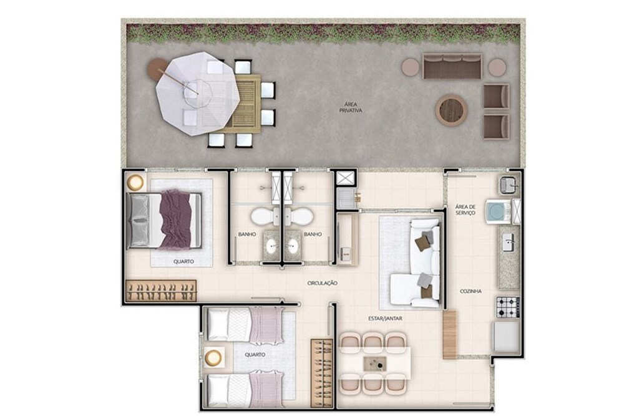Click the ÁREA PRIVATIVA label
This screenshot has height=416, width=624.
[351, 107]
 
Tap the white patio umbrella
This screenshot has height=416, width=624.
[198, 94]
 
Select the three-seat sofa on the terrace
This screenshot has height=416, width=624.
[452, 66]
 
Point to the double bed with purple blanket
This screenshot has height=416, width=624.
[164, 220]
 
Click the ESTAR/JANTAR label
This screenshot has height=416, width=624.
[385, 319]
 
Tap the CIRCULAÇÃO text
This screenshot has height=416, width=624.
[323, 283]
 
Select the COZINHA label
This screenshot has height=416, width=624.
[470, 291]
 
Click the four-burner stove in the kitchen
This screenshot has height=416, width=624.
[508, 307]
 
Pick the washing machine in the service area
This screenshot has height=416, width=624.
[498, 211]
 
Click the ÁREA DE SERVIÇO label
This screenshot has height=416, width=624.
[466, 210]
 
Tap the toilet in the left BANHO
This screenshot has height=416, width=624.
[265, 217]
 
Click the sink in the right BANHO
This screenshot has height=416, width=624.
[293, 246]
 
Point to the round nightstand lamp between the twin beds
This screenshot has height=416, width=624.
[213, 357]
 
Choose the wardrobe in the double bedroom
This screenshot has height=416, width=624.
[161, 291]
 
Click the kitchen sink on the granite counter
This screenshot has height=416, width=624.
[508, 242]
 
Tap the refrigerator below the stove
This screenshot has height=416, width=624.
[506, 337]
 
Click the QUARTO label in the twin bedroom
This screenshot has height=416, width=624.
[255, 354]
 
